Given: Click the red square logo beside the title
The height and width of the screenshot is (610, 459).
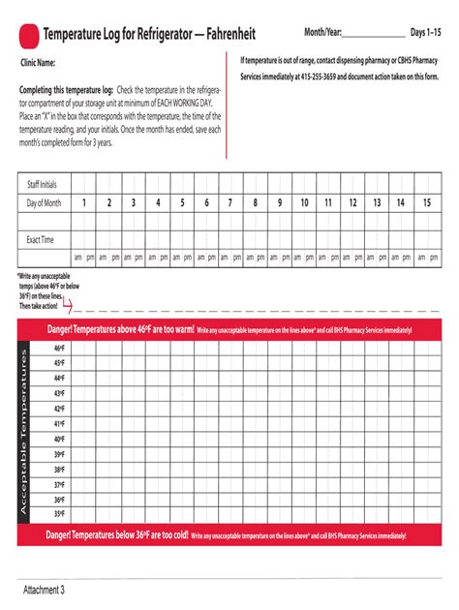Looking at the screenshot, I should click(x=28, y=36).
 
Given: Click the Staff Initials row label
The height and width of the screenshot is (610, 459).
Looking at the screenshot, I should click(x=42, y=184).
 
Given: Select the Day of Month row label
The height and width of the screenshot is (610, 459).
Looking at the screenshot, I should click(x=44, y=202).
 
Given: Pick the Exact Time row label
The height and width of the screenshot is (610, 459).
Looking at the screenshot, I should click(x=41, y=238).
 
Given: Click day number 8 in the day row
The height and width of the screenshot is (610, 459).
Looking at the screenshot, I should click(x=255, y=202).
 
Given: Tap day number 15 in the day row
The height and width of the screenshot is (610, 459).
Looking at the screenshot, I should click(x=426, y=202).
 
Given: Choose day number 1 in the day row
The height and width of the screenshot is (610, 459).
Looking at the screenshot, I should click(x=84, y=202).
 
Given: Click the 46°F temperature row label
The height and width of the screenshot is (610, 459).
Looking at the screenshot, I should click(x=59, y=348).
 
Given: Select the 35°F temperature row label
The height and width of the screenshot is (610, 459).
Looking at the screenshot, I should click(x=59, y=514).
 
